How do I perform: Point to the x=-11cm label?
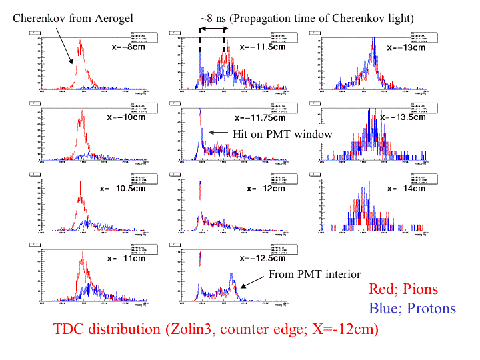127,258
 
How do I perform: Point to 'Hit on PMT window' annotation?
282,134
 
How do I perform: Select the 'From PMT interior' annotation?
314,275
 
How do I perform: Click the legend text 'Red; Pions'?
403,289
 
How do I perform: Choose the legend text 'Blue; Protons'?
412,308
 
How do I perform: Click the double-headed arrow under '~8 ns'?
212,31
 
